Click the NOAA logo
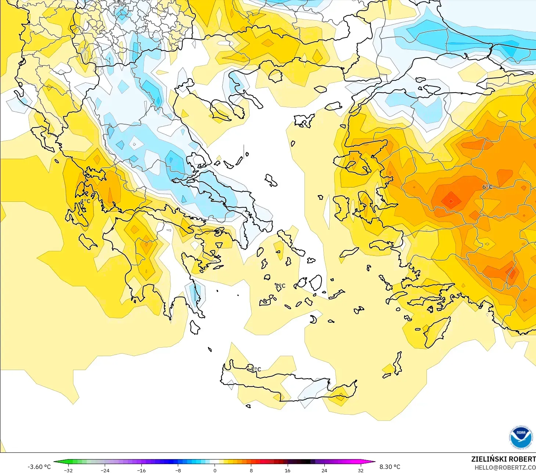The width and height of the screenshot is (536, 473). click(x=521, y=437)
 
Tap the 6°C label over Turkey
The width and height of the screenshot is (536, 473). click(x=487, y=187)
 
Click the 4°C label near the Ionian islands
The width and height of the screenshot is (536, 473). click(x=85, y=201)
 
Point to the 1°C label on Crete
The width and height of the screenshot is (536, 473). click(x=256, y=369)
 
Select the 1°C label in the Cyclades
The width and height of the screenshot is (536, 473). click(x=280, y=286)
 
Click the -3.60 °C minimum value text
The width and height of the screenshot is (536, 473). click(x=39, y=467)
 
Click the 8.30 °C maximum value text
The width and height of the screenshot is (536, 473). click(x=390, y=467)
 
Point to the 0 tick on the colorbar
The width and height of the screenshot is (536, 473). click(x=215, y=470)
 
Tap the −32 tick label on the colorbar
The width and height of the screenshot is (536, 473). click(x=68, y=470)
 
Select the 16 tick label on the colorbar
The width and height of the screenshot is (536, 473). click(x=287, y=470)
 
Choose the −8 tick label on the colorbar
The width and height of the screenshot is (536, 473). click(x=178, y=470)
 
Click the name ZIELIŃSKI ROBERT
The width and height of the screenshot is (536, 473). click(x=503, y=459)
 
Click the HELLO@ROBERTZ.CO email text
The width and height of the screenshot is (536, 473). click(x=505, y=467)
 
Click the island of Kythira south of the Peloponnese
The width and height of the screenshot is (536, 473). click(x=195, y=327)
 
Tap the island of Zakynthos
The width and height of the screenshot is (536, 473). click(x=87, y=241)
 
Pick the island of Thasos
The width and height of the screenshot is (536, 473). click(x=275, y=76)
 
